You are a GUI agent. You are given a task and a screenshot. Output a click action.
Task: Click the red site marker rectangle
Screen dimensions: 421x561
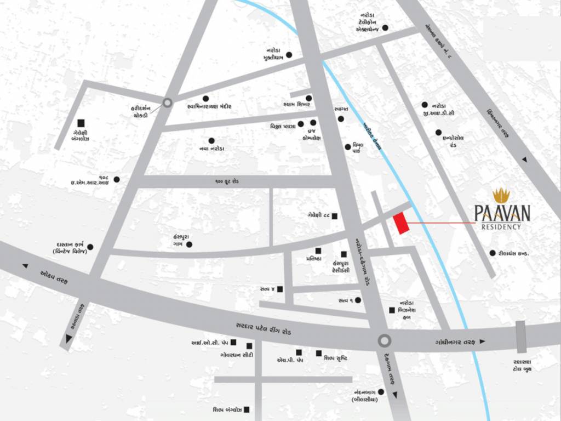tap(402, 224)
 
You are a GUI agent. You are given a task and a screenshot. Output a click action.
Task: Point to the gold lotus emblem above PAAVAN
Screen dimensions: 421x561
tap(501, 195)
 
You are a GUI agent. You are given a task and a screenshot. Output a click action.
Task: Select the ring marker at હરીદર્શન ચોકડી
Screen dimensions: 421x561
tap(168, 102)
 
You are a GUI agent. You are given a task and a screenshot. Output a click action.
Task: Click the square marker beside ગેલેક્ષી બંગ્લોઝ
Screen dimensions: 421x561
tap(81, 123)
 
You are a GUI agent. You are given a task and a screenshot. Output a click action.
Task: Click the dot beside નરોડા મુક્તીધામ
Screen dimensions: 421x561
tap(289, 55)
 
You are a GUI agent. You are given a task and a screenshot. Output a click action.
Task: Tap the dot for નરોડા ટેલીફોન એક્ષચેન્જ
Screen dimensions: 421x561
tap(385, 28)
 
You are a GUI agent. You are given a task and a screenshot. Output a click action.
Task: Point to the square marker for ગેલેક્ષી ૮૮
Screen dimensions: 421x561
tap(334, 216)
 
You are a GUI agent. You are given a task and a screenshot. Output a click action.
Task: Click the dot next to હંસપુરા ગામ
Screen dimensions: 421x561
tap(190, 244)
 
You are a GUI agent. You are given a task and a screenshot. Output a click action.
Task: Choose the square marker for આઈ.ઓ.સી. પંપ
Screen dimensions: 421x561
tap(233, 343)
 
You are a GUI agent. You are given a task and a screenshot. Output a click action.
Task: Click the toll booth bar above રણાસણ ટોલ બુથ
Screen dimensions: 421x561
tap(520, 337)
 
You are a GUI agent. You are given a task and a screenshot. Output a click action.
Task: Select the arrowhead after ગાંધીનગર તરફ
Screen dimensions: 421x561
tap(482, 342)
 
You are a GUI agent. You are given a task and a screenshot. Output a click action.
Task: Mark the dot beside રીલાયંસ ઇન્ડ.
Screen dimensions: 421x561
tap(493, 253)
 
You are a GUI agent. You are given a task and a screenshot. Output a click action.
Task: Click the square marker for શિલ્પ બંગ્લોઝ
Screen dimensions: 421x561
tap(247, 409)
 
